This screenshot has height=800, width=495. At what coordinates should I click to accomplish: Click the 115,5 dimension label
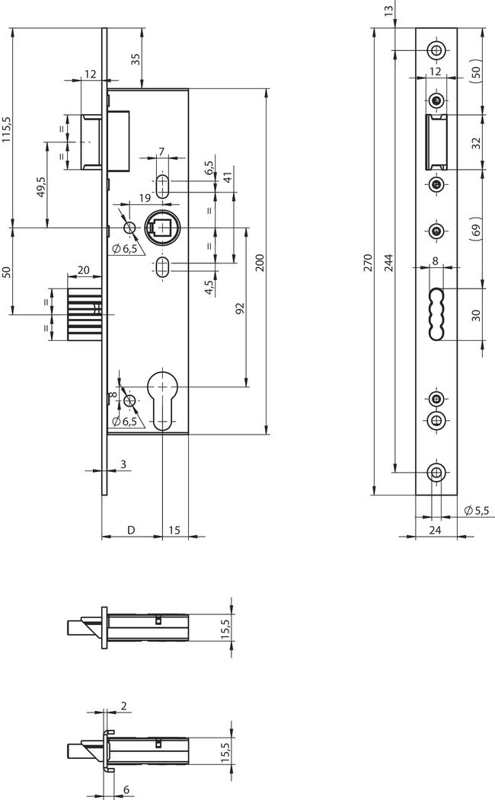[x=7, y=129]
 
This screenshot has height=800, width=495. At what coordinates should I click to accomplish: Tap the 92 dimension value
[x=239, y=308]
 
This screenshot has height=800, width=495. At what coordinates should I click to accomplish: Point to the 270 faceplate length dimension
[x=368, y=263]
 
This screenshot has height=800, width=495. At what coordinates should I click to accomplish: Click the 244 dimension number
[x=388, y=263]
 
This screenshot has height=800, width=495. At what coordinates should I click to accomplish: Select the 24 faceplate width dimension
[x=436, y=531]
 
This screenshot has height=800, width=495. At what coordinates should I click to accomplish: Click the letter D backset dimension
[x=131, y=530]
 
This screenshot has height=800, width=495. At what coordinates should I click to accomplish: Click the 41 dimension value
[x=228, y=177]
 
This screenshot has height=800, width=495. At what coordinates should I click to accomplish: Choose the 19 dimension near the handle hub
[x=145, y=199]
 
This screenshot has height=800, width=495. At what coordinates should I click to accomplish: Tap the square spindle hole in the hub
[x=163, y=228]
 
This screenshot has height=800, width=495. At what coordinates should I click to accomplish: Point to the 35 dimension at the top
[x=136, y=59]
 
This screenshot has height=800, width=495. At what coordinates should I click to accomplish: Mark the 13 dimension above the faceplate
[x=389, y=11]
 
